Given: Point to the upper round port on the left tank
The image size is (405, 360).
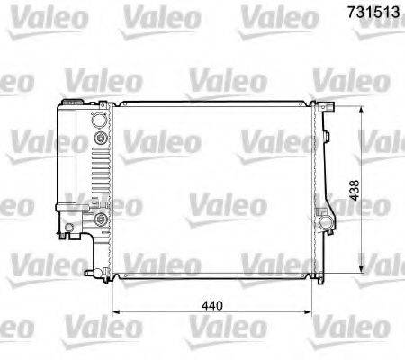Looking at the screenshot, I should click(x=100, y=139).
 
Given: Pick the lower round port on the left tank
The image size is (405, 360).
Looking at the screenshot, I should click(x=100, y=219).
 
